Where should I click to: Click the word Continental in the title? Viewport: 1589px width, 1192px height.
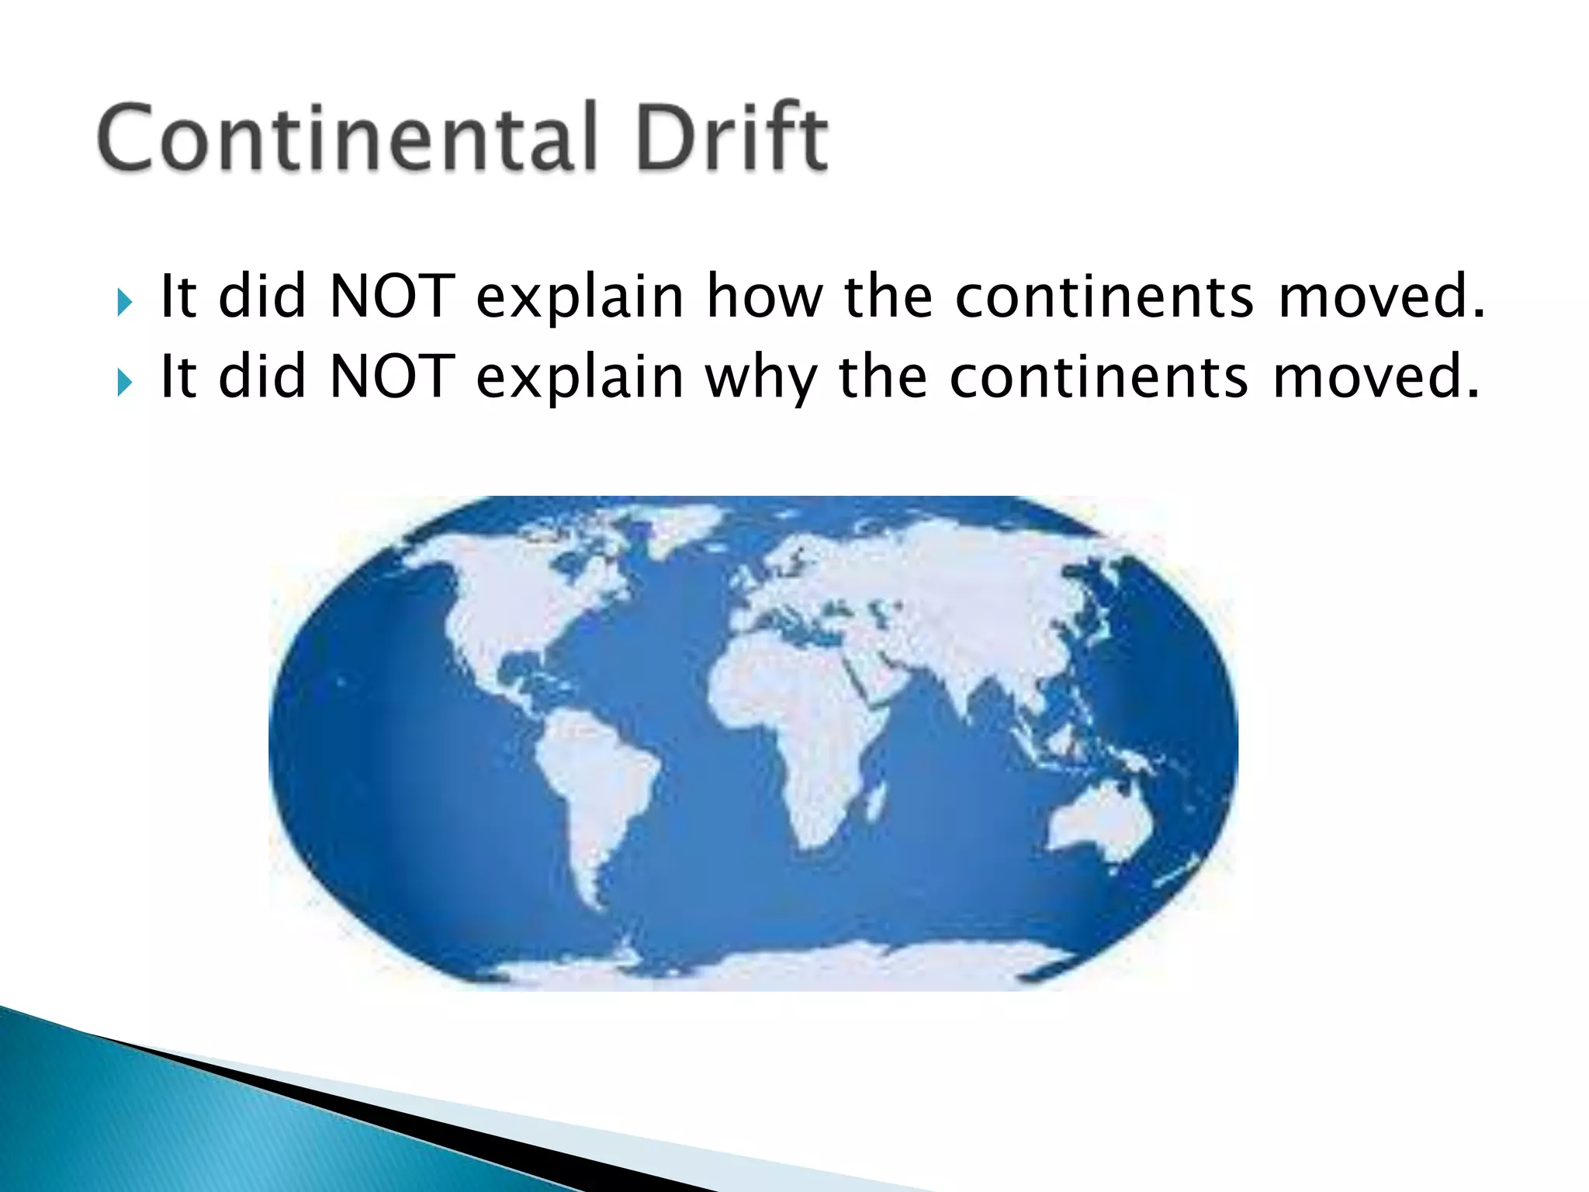[347, 137]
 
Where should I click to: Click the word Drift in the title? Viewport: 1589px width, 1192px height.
[732, 137]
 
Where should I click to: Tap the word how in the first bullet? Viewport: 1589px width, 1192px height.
[763, 297]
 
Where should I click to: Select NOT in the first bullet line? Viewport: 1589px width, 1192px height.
[392, 297]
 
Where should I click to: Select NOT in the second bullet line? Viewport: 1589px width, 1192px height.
[392, 378]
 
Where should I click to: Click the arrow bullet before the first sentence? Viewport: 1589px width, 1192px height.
[124, 301]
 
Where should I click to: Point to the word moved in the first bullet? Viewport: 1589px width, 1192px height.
[1380, 297]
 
